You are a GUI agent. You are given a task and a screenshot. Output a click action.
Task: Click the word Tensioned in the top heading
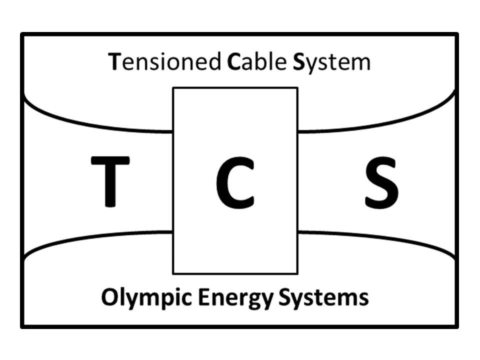point(164,61)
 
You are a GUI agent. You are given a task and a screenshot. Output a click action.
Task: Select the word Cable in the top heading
point(257,61)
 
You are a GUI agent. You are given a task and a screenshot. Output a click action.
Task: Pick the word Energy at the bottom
point(235,298)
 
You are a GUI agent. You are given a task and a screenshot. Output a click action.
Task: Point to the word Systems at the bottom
point(324,298)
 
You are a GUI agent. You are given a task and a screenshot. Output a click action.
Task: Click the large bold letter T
point(110,181)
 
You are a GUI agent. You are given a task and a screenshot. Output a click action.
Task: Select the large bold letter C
point(235,183)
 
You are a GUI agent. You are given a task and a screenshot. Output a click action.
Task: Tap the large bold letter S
point(381,183)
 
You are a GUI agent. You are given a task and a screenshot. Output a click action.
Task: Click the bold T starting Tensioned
point(114,61)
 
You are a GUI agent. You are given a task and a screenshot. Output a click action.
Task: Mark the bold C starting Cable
point(233,61)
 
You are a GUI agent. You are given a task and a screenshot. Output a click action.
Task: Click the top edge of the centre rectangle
point(235,88)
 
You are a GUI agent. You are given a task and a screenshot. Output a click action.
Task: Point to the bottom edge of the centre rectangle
point(235,273)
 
